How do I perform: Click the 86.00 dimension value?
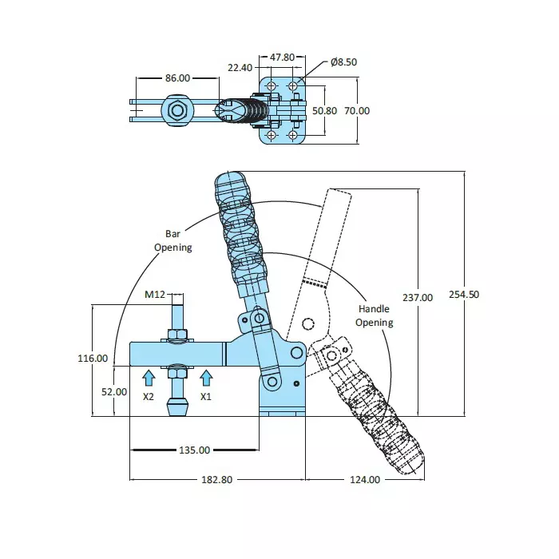[177, 78]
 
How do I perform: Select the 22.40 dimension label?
[240, 68]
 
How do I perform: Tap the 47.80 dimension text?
[283, 57]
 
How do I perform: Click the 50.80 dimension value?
[324, 111]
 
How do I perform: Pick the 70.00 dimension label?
[356, 111]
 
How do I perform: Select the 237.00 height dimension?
[417, 297]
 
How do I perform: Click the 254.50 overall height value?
[464, 294]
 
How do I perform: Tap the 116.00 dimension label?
[93, 359]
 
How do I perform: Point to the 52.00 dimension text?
[113, 391]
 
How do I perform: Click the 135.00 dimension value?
[194, 450]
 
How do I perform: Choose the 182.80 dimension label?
[216, 479]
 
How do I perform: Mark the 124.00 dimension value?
[364, 479]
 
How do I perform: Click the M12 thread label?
[154, 295]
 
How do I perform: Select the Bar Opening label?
[173, 240]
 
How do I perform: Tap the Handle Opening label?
[374, 315]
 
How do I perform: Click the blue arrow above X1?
[206, 378]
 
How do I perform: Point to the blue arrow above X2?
[148, 378]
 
